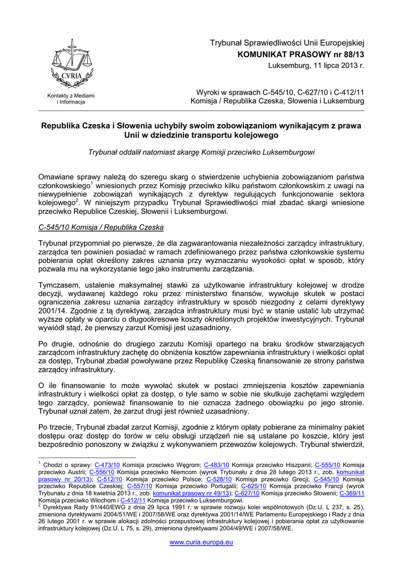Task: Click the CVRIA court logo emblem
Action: [71, 63]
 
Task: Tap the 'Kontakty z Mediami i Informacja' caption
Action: [71, 99]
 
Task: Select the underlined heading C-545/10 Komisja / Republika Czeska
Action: [101, 227]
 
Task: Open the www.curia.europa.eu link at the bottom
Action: [201, 542]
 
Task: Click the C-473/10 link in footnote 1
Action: [107, 464]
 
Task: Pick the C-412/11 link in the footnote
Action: [132, 500]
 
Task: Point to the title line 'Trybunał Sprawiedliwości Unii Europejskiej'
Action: [286, 42]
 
